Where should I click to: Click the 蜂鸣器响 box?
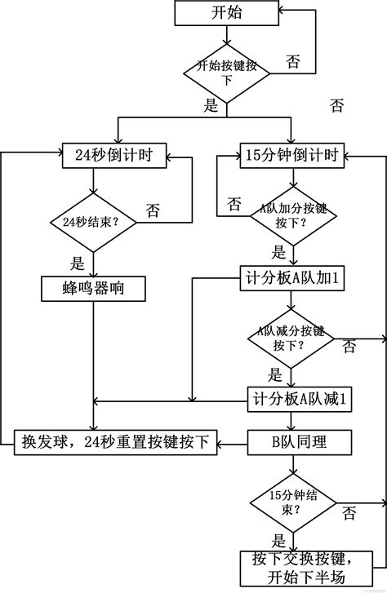pyautogui.click(x=93, y=288)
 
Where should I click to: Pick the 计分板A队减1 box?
pyautogui.click(x=300, y=400)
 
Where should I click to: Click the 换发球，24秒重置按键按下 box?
pyautogui.click(x=114, y=443)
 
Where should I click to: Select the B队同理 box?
pyautogui.click(x=300, y=443)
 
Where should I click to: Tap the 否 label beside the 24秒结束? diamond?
pyautogui.click(x=153, y=210)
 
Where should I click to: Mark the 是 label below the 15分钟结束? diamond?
pyautogui.click(x=278, y=540)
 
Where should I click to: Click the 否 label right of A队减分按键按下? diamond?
pyautogui.click(x=349, y=347)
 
